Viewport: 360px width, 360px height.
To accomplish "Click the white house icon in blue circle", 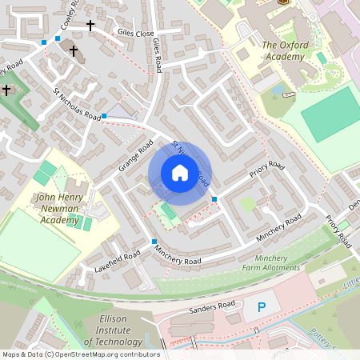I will [x=180, y=173].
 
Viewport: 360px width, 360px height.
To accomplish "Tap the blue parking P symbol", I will [x=260, y=307].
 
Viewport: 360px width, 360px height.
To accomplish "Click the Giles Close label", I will [x=134, y=34].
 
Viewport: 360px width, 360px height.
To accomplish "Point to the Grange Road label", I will [x=135, y=157].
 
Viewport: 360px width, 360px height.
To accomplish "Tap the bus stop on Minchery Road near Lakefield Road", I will [x=154, y=242].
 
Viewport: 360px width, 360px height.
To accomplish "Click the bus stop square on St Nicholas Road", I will [x=104, y=117].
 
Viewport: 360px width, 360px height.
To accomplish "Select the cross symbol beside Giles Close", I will [x=90, y=26].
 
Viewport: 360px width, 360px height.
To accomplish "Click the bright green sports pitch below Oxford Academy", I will [x=330, y=114].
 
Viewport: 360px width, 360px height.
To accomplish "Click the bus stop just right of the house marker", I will [x=214, y=197].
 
